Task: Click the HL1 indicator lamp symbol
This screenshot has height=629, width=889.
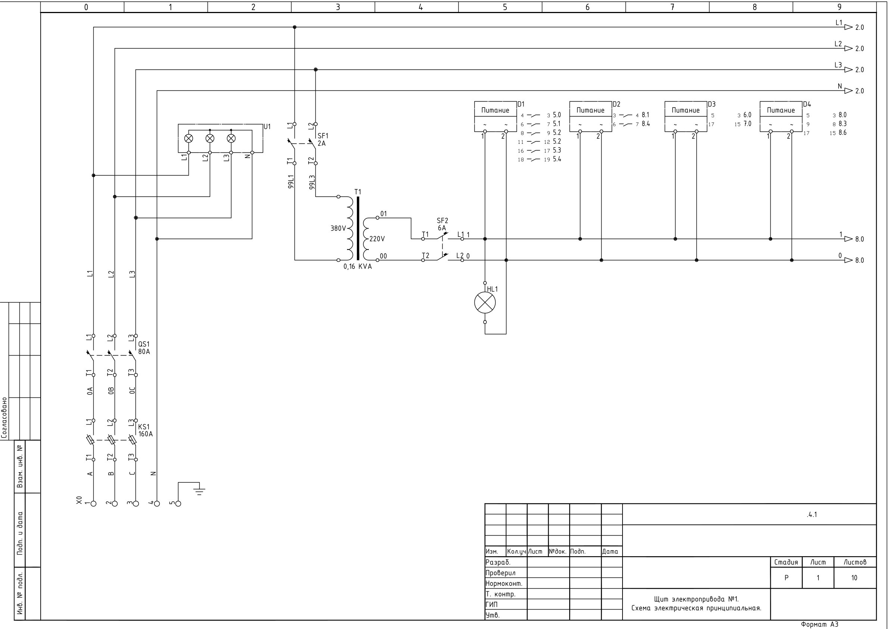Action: (x=485, y=303)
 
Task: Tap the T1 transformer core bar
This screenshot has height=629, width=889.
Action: (x=358, y=229)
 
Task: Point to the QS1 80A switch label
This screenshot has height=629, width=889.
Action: (x=144, y=348)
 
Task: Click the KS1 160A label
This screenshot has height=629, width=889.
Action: (x=145, y=430)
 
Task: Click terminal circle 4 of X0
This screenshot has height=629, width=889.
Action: (x=157, y=504)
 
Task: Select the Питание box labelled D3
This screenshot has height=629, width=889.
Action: (x=686, y=116)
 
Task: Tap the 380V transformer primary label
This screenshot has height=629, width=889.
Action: (x=338, y=229)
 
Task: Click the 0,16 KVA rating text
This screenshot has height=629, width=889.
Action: (x=358, y=267)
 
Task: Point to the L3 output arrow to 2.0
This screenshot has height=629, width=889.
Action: (x=849, y=70)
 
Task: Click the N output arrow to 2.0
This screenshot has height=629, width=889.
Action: (x=849, y=91)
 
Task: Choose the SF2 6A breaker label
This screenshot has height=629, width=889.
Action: (x=442, y=224)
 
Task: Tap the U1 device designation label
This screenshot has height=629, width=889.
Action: (x=267, y=127)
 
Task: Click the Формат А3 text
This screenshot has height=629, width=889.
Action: (x=819, y=625)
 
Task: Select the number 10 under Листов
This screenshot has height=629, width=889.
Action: (x=854, y=578)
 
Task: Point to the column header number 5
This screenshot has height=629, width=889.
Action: (x=505, y=7)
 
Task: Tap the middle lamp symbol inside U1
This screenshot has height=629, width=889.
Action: (x=210, y=138)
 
